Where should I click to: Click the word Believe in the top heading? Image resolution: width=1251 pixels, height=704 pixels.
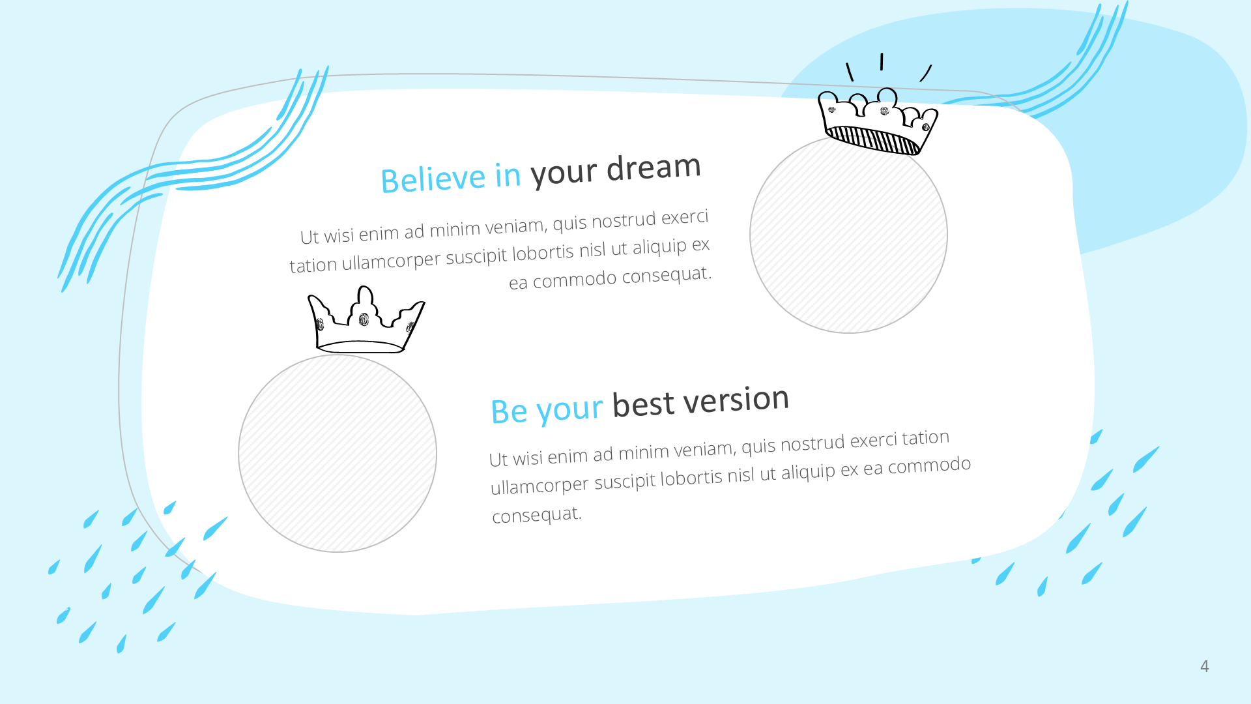433,179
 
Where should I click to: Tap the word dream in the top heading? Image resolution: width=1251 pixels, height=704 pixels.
654,168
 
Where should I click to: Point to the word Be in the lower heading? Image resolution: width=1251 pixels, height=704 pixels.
510,411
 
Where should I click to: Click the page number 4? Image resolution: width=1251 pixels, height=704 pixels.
1204,666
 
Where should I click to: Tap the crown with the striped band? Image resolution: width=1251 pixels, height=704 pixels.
877,123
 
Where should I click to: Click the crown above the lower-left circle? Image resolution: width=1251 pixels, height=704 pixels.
366,320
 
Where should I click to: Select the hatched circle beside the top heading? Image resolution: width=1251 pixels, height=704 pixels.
848,235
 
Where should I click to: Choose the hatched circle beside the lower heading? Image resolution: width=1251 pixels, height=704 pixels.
338,453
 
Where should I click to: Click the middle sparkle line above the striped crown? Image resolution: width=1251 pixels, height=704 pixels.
882,61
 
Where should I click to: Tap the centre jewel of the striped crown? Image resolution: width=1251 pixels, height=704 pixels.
884,111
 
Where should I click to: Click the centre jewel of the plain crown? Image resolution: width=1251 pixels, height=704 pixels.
364,319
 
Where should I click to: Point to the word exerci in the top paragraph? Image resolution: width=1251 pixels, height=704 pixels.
685,217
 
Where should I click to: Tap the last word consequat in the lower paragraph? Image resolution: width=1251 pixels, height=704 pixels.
537,515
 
